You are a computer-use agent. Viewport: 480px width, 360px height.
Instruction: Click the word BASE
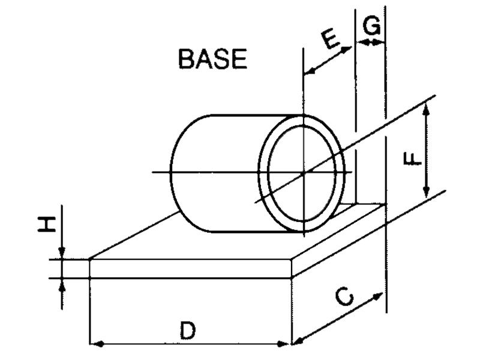213,59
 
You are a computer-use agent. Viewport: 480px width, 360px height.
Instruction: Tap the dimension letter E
332,40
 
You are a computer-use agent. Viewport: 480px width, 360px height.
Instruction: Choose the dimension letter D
188,331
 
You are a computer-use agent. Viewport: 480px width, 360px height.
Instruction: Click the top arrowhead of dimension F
427,108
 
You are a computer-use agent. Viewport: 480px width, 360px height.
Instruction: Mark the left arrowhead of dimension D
94,344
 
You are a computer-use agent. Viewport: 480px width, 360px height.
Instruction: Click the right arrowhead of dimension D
287,344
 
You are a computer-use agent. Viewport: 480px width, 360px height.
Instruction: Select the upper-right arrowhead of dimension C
379,295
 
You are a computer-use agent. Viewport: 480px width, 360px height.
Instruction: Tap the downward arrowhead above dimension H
62,254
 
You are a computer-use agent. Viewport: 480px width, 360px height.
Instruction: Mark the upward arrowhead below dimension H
62,284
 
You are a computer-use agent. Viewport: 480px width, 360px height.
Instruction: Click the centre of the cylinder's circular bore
304,173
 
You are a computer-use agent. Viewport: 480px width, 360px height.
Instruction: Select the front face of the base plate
191,269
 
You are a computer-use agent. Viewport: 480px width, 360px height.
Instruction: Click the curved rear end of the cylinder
180,174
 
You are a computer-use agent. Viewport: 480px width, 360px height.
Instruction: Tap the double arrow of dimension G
370,41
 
